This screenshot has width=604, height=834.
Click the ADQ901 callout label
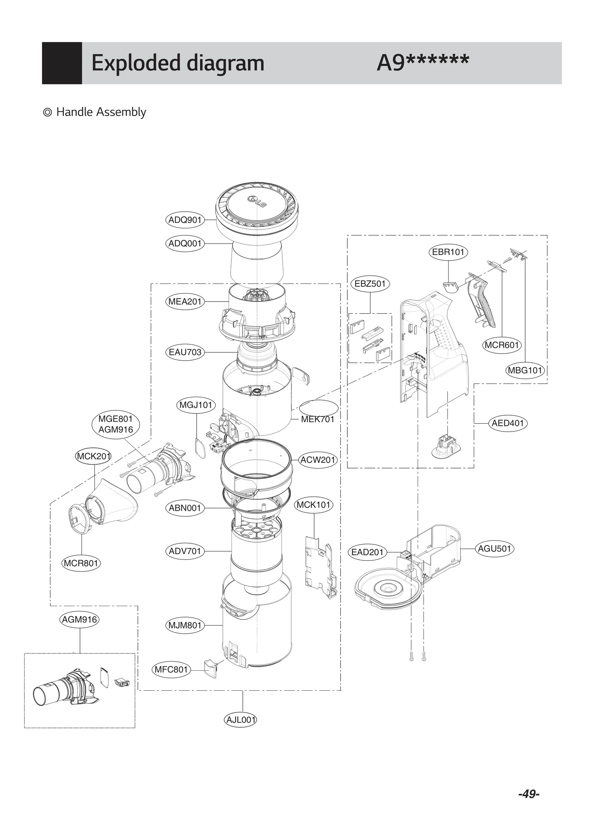coord(185,220)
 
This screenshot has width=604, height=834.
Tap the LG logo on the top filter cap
coord(257,201)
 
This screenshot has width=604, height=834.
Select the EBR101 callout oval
coord(448,252)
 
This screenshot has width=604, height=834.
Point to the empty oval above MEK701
coord(319,408)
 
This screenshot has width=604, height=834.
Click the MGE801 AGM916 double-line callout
coord(116,424)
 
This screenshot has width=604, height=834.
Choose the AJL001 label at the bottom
coord(240,720)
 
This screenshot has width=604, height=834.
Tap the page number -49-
coord(528,794)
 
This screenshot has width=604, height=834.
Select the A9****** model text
coord(422,63)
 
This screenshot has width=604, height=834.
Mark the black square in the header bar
coord(62,63)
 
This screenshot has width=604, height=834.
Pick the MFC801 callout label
coord(171,670)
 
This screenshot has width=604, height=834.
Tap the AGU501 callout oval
coord(494,548)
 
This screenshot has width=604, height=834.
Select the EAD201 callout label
coord(367,552)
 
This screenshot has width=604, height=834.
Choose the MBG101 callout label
coord(525,370)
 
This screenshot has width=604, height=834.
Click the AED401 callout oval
coord(508,423)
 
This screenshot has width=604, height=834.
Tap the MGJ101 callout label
coord(196,405)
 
